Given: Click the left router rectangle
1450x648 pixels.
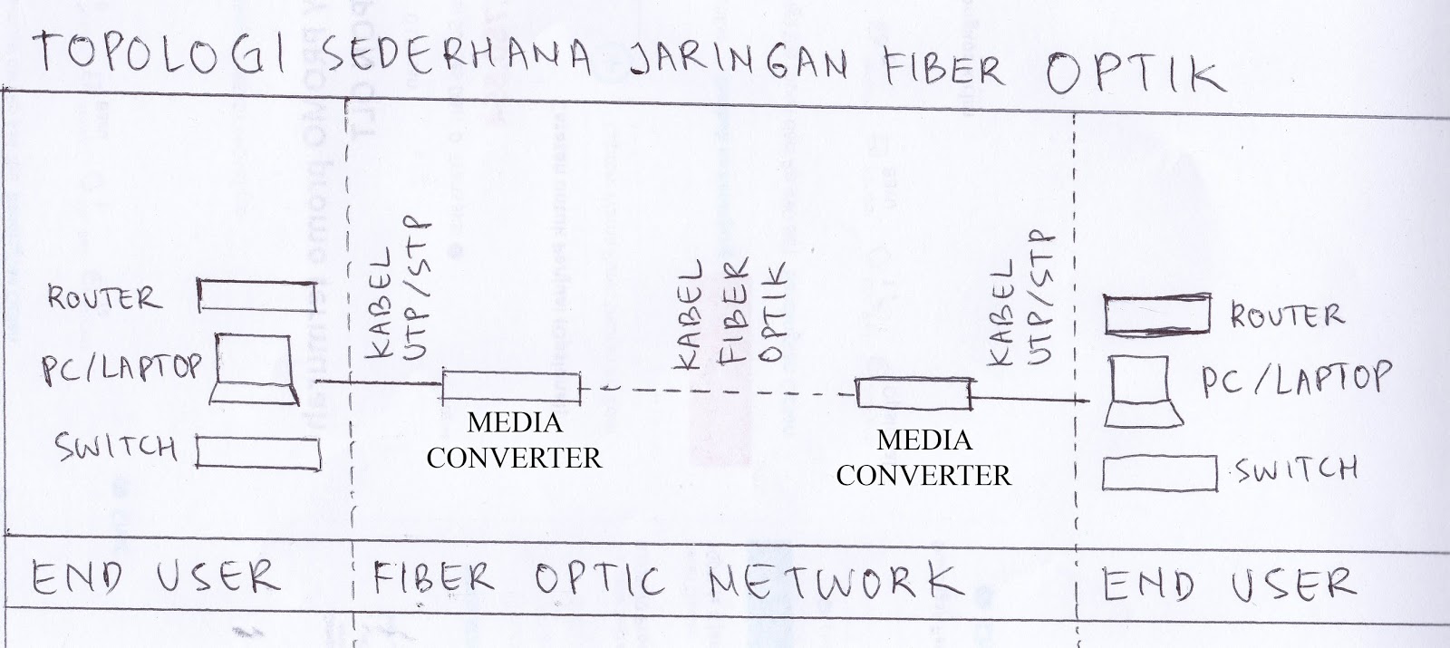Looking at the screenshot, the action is point(257,295).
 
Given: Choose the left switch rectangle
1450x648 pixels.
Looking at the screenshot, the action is point(258,452).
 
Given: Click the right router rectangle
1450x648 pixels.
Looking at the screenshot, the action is point(1157,314).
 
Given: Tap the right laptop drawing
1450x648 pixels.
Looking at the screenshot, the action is point(1144,393).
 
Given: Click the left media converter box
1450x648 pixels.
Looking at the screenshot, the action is point(510,386).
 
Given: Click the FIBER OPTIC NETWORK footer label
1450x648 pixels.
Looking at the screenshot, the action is point(662,578).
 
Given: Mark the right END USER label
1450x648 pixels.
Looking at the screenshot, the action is point(1229,585).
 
